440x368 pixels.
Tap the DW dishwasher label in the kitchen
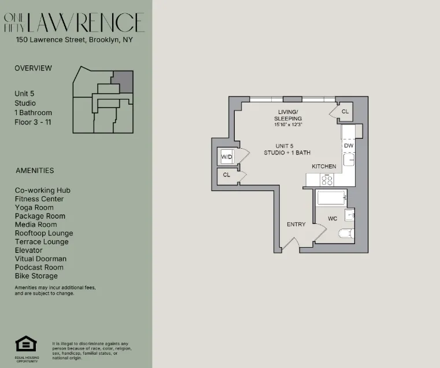pyautogui.click(x=349, y=146)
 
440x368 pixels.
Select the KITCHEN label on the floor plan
pyautogui.click(x=324, y=166)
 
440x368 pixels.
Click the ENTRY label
pyautogui.click(x=296, y=225)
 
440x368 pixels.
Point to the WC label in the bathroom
pyautogui.click(x=332, y=219)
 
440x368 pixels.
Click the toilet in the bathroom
pyautogui.click(x=346, y=234)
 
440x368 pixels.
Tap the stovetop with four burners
pyautogui.click(x=327, y=180)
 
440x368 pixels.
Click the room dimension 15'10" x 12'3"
pyautogui.click(x=289, y=124)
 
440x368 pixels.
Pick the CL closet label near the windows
pyautogui.click(x=345, y=112)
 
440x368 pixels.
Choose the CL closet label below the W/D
pyautogui.click(x=226, y=175)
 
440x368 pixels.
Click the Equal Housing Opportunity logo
pyautogui.click(x=26, y=346)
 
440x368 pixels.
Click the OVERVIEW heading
pyautogui.click(x=33, y=68)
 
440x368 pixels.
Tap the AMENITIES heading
pyautogui.click(x=34, y=171)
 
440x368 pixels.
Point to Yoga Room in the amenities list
pyautogui.click(x=34, y=207)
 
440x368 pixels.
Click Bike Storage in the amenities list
pyautogui.click(x=36, y=276)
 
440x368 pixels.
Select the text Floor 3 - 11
pyautogui.click(x=33, y=122)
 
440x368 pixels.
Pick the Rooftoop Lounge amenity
pyautogui.click(x=44, y=233)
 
